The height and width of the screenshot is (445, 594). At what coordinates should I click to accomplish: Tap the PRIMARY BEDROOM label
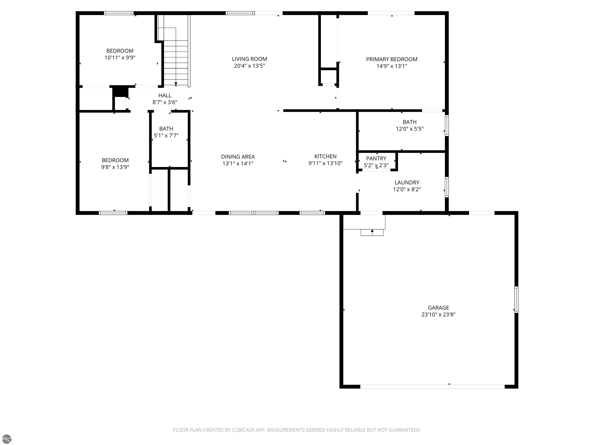pos(392,59)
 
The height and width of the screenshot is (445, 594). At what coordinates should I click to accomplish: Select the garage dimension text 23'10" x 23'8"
pos(439,315)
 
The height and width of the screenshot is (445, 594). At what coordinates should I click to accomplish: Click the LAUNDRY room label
pos(407,182)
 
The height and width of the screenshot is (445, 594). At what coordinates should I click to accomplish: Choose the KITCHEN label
pos(325,156)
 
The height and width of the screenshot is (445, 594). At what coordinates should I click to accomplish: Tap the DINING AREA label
pos(238,157)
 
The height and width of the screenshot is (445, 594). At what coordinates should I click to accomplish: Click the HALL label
pos(165,95)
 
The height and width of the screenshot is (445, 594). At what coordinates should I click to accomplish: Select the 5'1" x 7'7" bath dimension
pos(166,135)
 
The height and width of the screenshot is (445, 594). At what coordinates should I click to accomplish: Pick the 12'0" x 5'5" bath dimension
pos(410,129)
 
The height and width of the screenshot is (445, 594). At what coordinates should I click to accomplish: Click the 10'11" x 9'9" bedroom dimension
pos(120,57)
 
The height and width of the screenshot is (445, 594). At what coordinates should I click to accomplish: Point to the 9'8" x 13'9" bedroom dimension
pos(115,167)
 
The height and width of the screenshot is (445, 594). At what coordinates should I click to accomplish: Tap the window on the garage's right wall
pos(516,299)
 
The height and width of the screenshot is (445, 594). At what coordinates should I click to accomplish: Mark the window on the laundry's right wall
pos(447,187)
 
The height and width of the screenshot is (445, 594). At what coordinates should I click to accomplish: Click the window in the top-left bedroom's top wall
pos(119,13)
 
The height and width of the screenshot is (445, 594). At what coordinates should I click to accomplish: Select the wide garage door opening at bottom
pos(432,386)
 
